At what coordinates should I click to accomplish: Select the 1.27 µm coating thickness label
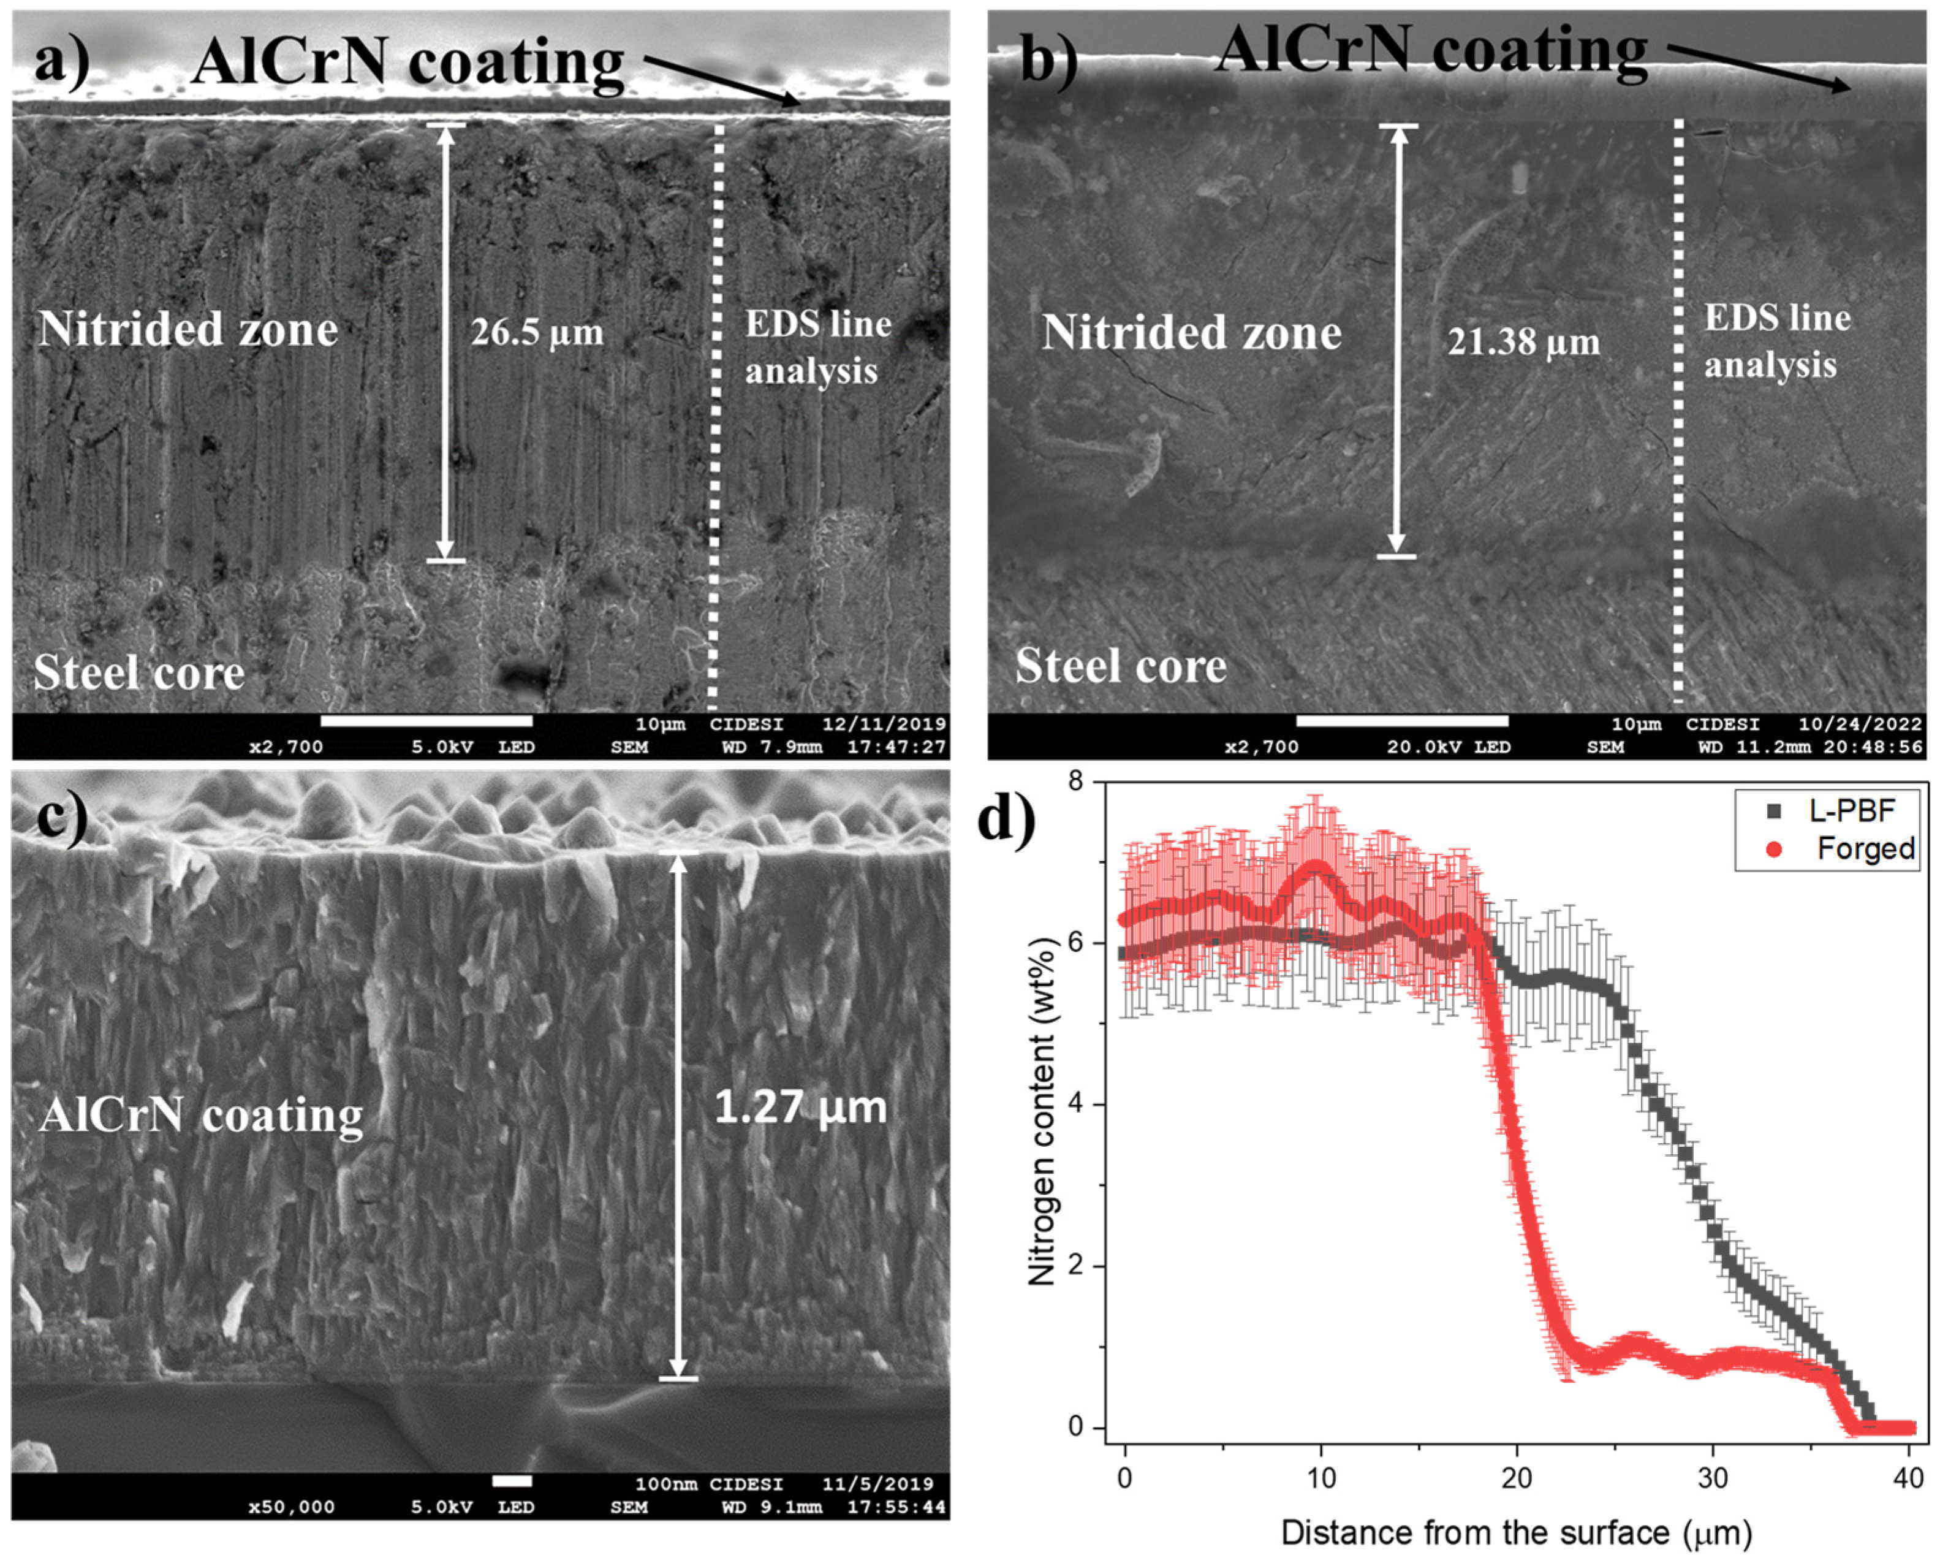(800, 1106)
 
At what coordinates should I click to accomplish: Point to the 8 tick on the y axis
(1075, 781)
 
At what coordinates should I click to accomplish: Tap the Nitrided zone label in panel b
(1191, 333)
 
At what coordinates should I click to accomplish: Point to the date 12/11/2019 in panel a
(884, 724)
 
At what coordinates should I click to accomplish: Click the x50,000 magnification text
(291, 1507)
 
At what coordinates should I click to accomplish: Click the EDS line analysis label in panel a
(817, 348)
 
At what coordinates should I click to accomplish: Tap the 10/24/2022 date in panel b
(1860, 724)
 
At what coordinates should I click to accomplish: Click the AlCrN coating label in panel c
(201, 1116)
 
